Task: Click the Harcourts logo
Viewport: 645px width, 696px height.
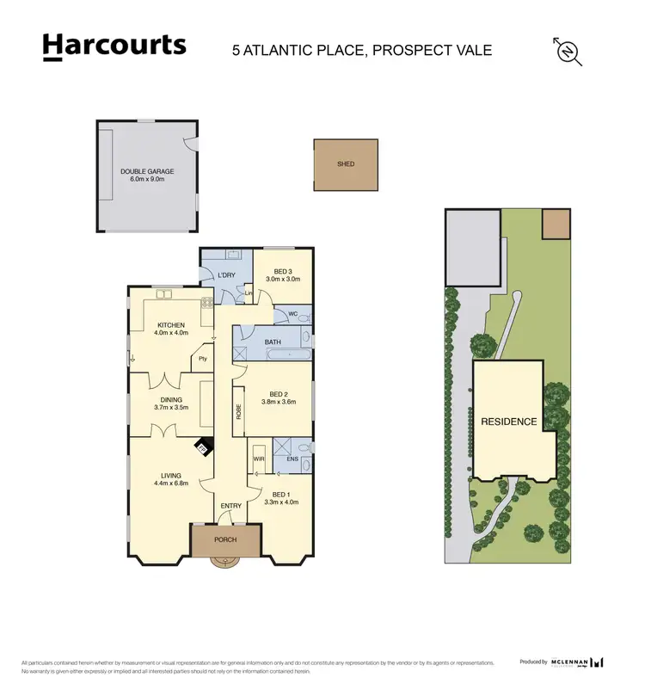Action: [x=114, y=47]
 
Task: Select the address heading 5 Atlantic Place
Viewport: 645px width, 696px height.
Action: [x=362, y=50]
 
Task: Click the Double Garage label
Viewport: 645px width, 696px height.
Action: [x=147, y=176]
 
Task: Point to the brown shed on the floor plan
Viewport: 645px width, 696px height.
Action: [x=345, y=164]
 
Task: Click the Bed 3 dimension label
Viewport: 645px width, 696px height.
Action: [x=282, y=274]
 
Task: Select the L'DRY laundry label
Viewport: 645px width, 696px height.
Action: [x=227, y=274]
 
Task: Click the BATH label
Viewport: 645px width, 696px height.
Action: [x=273, y=342]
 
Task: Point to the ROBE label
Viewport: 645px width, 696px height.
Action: [x=238, y=413]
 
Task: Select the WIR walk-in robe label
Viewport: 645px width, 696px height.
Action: [x=258, y=460]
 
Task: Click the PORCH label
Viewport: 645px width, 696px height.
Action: [x=226, y=539]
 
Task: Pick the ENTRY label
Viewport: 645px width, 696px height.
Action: [x=231, y=505]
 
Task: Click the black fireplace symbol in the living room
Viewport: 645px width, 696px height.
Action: [x=203, y=448]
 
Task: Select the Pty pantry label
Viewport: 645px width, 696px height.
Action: [x=203, y=358]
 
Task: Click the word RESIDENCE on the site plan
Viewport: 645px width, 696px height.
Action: [x=508, y=422]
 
